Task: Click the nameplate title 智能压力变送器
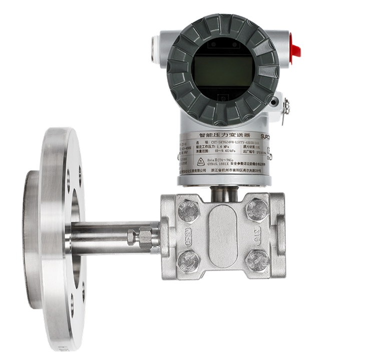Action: click(222, 135)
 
